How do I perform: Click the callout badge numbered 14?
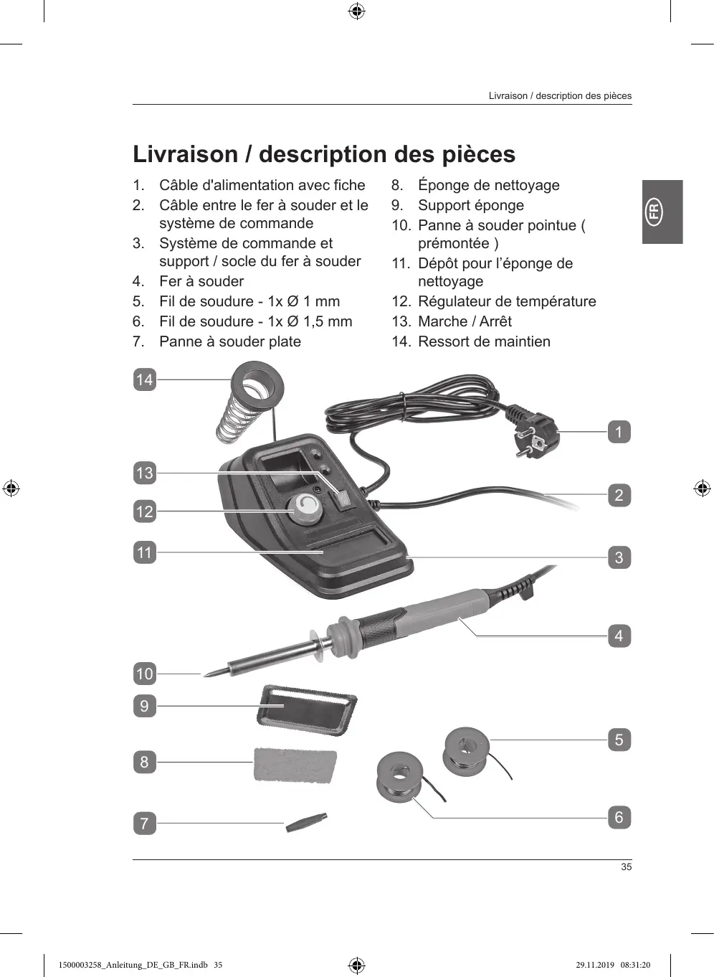(144, 379)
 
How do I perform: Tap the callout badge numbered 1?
(619, 432)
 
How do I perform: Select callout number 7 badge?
(144, 823)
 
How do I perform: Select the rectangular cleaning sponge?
(295, 765)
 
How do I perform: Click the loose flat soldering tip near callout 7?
(306, 822)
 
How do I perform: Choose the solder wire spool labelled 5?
(467, 750)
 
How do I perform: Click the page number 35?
(626, 867)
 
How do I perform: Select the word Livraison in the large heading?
(185, 154)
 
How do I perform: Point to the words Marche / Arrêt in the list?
(465, 321)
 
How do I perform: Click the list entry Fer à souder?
(201, 281)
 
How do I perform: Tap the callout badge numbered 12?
(144, 511)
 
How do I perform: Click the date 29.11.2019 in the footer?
(595, 965)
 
